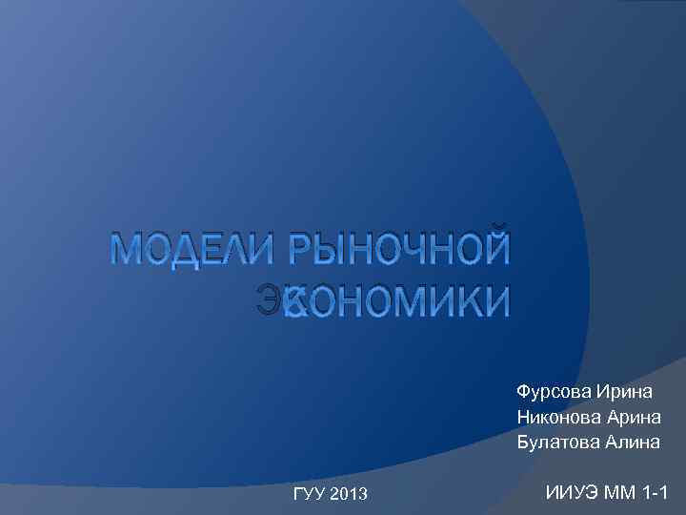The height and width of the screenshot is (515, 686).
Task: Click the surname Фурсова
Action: click(554, 392)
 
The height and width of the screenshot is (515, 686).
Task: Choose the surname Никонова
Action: click(560, 417)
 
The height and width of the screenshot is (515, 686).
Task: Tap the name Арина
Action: click(636, 417)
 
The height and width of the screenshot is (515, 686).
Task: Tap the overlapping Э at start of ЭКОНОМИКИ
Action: click(271, 301)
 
